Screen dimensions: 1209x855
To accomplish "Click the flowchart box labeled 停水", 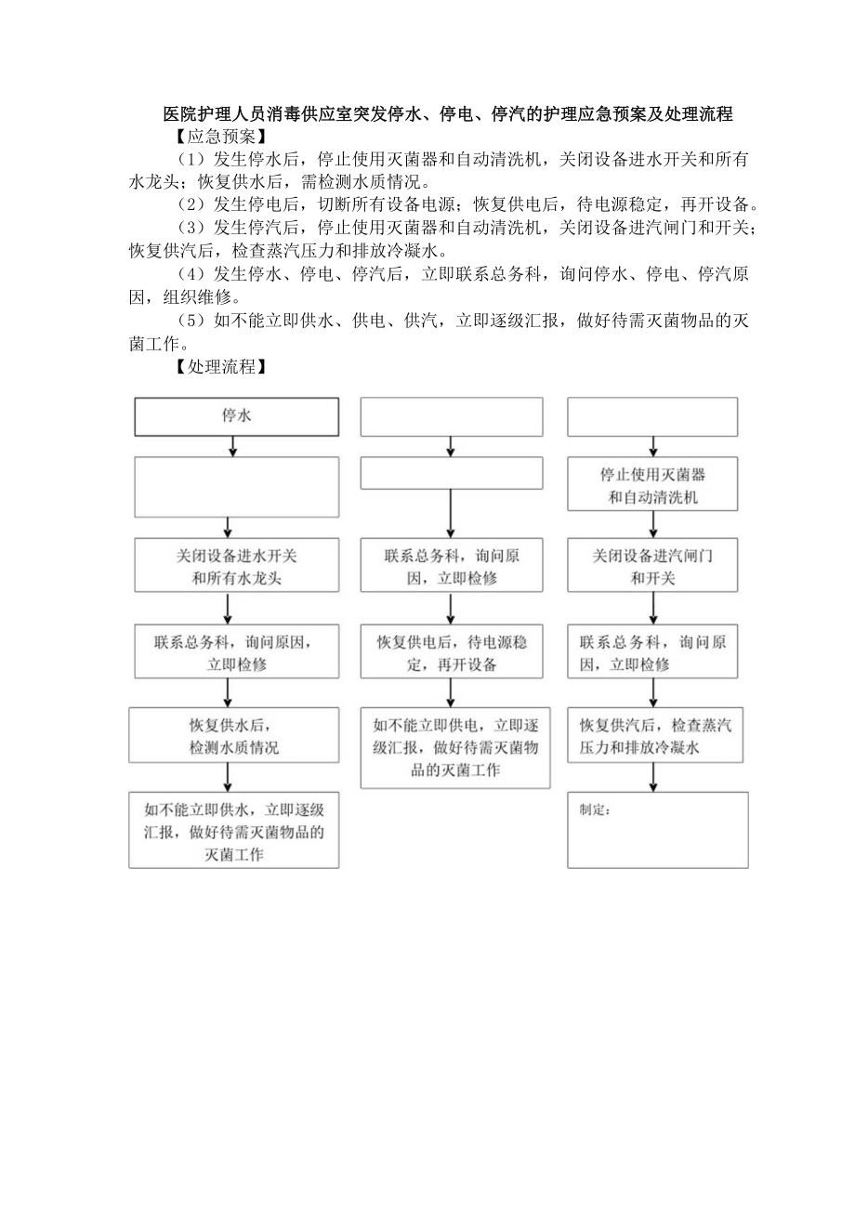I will (236, 416).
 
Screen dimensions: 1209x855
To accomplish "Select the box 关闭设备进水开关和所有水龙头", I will (236, 565).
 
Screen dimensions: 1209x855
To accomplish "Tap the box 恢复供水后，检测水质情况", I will (233, 735).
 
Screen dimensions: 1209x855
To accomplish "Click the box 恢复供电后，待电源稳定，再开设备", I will (452, 652).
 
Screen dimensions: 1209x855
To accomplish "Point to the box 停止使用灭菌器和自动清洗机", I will (652, 485).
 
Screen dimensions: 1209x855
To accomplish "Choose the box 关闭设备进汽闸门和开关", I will (652, 565).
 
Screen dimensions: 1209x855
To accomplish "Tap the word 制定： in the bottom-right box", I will (595, 810).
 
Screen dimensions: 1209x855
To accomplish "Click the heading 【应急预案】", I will (219, 136).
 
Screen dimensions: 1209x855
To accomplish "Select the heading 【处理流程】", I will (219, 367).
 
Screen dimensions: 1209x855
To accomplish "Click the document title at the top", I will (447, 114).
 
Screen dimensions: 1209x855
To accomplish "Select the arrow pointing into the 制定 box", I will (653, 780).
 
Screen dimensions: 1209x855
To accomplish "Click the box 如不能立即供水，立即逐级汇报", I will (233, 830).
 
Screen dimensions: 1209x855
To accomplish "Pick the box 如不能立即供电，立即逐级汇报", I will (455, 747).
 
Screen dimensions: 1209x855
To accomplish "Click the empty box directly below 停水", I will (236, 486).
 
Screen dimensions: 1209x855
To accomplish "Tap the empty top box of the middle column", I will (452, 416).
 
